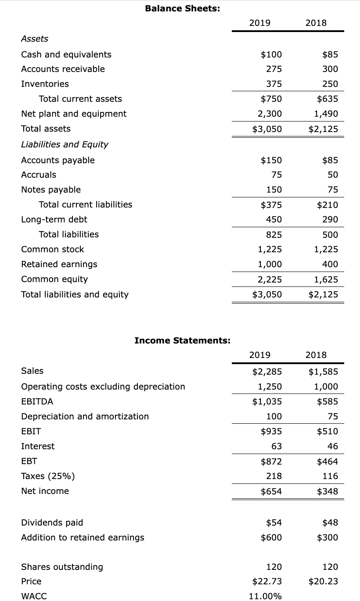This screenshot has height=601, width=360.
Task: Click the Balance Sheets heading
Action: click(183, 8)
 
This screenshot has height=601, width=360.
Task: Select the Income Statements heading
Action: click(182, 340)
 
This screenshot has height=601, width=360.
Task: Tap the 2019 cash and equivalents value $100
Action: click(271, 54)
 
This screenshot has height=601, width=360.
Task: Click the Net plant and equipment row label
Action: click(74, 114)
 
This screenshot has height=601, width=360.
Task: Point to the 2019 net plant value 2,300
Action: click(270, 114)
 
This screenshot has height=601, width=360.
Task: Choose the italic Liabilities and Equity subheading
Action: click(65, 144)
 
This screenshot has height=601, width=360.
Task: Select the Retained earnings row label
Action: click(59, 264)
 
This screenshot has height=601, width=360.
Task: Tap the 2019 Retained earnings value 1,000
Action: click(270, 264)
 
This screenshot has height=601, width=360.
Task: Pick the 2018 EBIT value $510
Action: click(328, 431)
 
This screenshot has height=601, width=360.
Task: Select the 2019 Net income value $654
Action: click(271, 491)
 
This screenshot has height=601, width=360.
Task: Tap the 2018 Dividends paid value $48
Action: click(330, 522)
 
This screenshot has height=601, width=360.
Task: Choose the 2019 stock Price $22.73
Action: click(267, 581)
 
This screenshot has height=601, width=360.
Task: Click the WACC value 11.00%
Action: click(265, 596)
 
